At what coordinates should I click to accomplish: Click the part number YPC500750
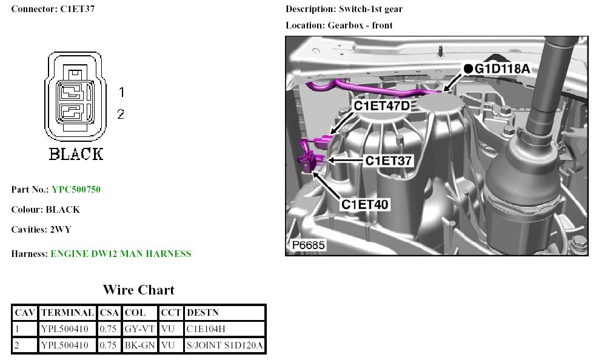pyautogui.click(x=76, y=190)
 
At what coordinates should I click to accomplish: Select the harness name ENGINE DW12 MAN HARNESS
pyautogui.click(x=121, y=254)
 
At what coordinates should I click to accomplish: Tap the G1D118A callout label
pyautogui.click(x=503, y=68)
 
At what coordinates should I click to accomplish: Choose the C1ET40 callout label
pyautogui.click(x=364, y=204)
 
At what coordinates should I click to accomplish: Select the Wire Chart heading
pyautogui.click(x=138, y=290)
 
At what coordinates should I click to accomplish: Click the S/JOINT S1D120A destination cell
pyautogui.click(x=224, y=345)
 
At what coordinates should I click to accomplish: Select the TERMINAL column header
pyautogui.click(x=67, y=313)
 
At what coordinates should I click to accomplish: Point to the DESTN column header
pyautogui.click(x=203, y=313)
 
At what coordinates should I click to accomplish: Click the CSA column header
pyautogui.click(x=109, y=313)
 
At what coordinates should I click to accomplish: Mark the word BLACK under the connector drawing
pyautogui.click(x=76, y=154)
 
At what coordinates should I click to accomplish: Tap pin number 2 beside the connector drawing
pyautogui.click(x=121, y=113)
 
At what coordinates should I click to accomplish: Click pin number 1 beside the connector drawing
pyautogui.click(x=121, y=92)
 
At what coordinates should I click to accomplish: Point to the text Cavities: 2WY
pyautogui.click(x=46, y=230)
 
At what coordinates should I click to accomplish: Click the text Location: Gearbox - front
pyautogui.click(x=339, y=25)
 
